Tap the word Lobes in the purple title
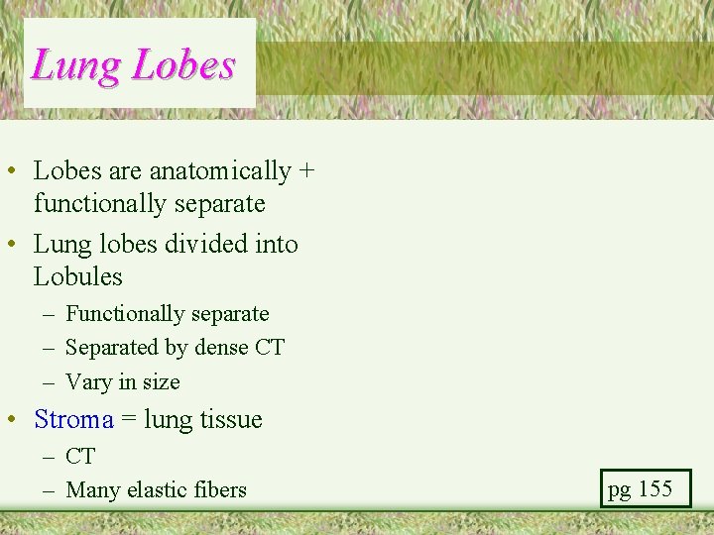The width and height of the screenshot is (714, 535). tap(183, 66)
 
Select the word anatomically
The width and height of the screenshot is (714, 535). tap(220, 171)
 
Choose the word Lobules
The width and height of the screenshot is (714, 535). tap(78, 276)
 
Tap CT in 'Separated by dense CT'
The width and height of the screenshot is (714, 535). tap(270, 348)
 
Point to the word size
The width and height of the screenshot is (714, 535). tap(160, 382)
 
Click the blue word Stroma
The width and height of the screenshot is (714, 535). tap(74, 420)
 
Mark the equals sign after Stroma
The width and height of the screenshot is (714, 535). tap(129, 420)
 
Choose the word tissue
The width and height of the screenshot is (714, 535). tap(231, 420)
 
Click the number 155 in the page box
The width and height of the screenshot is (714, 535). tap(654, 488)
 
